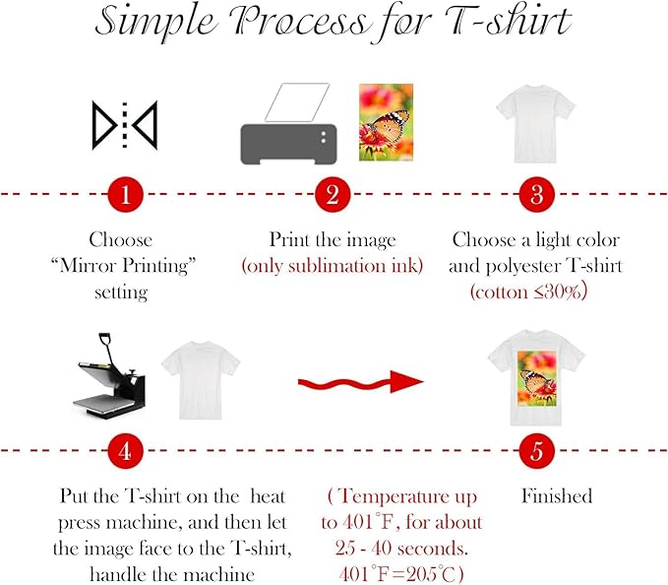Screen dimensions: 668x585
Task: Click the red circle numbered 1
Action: [125, 194]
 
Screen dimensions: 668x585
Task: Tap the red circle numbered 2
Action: [333, 194]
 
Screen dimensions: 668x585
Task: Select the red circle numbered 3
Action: [536, 194]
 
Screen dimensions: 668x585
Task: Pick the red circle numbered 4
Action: [125, 451]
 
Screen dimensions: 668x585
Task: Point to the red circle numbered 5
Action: [536, 451]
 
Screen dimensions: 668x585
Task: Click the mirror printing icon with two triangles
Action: [125, 125]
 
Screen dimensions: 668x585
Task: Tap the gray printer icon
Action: [289, 124]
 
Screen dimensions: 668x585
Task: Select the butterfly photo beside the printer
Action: [386, 122]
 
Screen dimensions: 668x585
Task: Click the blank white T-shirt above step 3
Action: [535, 124]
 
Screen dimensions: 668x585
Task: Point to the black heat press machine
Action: [110, 376]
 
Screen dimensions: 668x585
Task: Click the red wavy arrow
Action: [360, 382]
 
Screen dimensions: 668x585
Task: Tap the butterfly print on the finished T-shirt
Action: [537, 378]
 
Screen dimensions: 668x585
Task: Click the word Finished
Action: [557, 496]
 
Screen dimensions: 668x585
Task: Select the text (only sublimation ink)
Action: [333, 266]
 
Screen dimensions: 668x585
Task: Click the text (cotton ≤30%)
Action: [528, 292]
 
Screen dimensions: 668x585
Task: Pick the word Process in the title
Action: [298, 22]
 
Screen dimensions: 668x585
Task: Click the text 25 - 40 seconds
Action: [401, 549]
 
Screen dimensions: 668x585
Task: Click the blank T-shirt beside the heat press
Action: [201, 380]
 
